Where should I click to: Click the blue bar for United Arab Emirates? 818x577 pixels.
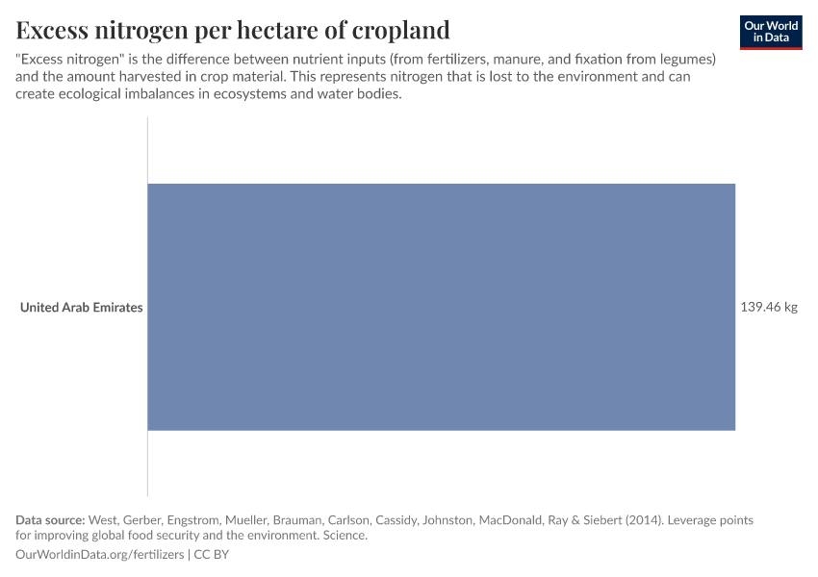pos(441,307)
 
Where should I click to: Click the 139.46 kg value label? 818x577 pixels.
pos(769,308)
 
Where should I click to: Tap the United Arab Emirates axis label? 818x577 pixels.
pos(82,308)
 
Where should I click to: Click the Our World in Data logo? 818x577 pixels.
pos(770,32)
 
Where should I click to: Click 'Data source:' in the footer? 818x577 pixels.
pos(50,520)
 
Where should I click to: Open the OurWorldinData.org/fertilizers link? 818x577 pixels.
pos(101,555)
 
